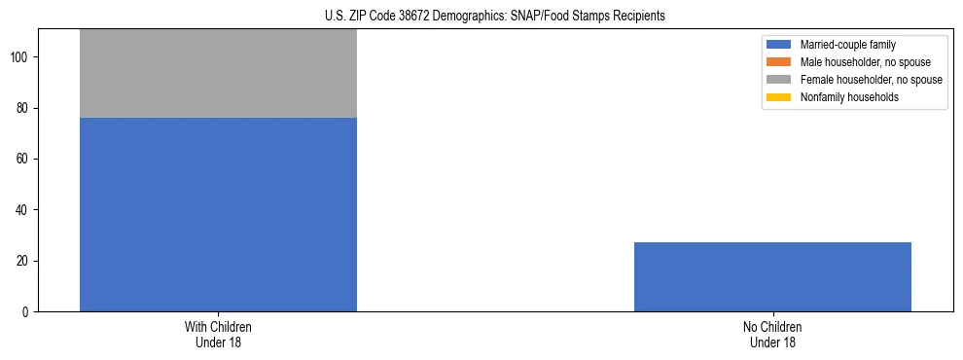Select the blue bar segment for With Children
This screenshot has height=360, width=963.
click(218, 214)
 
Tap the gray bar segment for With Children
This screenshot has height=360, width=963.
click(218, 74)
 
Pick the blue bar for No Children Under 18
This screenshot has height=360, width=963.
click(772, 276)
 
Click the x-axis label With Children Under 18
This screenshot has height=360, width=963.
click(218, 334)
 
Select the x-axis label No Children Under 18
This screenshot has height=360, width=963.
click(772, 334)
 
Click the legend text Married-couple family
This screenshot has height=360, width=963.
click(848, 45)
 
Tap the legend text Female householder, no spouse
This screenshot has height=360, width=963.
click(870, 80)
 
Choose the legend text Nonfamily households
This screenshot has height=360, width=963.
click(848, 97)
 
